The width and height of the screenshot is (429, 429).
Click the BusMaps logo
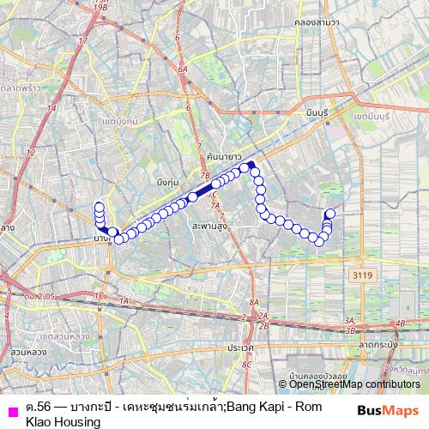390,410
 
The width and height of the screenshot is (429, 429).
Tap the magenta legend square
11,409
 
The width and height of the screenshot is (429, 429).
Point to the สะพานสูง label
209,225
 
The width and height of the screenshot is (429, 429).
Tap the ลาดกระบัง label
379,343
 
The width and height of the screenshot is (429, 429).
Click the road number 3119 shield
362,275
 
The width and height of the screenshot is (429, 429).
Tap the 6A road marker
183,69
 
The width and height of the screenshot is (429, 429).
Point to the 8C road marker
247,365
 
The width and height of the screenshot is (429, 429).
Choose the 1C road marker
98,296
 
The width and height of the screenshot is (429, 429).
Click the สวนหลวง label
28,352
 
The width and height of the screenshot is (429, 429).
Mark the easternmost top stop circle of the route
330,213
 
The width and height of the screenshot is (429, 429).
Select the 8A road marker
253,303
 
